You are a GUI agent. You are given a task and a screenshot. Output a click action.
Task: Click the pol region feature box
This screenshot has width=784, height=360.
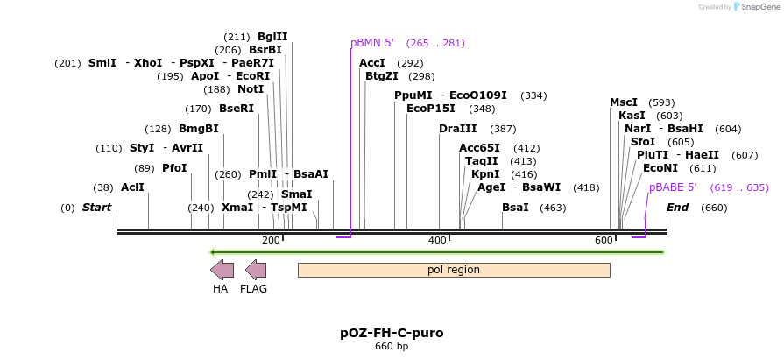[x=454, y=270]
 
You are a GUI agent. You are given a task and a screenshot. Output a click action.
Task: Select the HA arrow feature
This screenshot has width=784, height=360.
[x=222, y=270]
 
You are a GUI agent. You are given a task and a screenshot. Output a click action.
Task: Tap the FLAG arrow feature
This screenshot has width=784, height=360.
[x=255, y=270]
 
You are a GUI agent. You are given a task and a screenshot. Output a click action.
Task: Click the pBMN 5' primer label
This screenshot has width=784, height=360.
[x=372, y=43]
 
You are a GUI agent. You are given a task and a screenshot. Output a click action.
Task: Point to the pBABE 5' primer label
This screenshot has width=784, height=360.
[x=673, y=187]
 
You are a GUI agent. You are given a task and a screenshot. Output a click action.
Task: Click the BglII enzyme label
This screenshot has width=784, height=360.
[x=272, y=37]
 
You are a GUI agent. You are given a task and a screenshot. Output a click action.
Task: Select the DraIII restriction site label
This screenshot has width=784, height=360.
[x=457, y=129]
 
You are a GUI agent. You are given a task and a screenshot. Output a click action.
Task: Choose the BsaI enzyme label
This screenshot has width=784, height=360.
[x=515, y=208]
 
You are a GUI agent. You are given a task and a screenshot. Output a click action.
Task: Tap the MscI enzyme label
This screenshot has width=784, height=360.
[x=624, y=102]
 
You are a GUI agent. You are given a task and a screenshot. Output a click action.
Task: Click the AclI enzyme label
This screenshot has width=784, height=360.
[x=132, y=187]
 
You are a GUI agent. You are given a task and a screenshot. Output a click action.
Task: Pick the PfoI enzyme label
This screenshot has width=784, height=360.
[x=174, y=168]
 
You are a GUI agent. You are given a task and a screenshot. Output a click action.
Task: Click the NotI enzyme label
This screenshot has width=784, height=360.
[x=251, y=89]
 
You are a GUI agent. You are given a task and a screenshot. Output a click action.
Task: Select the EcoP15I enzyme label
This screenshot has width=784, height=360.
[x=431, y=109]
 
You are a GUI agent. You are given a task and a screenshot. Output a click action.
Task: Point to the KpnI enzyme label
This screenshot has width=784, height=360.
[x=485, y=174]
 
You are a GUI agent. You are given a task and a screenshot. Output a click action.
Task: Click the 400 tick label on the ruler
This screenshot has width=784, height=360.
[x=437, y=240]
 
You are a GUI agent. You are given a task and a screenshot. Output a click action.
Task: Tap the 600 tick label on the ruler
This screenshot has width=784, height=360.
[x=604, y=240]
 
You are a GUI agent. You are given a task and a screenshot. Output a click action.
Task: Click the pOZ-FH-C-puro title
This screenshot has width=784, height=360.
[x=392, y=333]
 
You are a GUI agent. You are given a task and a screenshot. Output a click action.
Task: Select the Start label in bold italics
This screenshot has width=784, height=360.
[x=96, y=208]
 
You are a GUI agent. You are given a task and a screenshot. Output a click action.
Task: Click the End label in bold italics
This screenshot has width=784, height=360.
[x=677, y=208]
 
